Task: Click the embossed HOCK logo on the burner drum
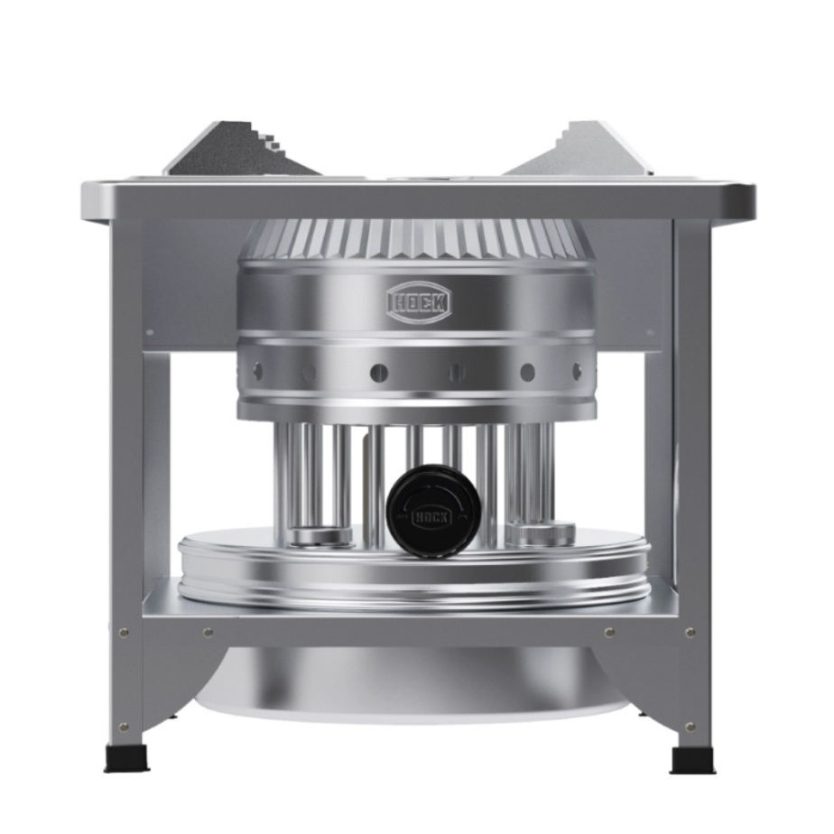(419, 302)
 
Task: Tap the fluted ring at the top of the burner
(416, 237)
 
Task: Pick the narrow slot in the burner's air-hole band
(454, 372)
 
